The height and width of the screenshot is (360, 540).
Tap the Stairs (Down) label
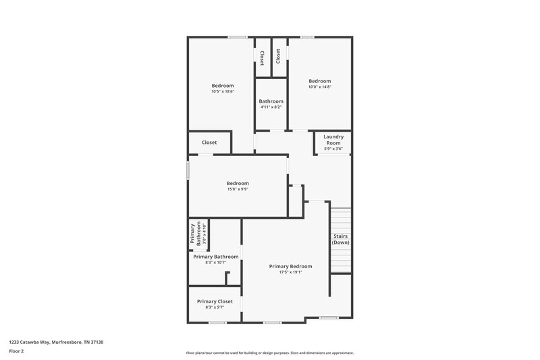[340, 239]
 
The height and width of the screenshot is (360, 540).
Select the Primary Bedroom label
[290, 266]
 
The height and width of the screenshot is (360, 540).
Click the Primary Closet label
[215, 301]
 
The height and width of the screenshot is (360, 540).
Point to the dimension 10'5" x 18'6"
[223, 91]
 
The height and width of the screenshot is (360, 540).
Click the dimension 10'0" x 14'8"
[320, 86]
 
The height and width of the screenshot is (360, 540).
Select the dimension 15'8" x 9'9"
[238, 189]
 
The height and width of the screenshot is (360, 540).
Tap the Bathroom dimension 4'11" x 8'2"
[271, 107]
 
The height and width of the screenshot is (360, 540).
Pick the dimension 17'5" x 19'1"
[290, 272]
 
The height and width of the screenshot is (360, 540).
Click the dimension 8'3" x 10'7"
[215, 262]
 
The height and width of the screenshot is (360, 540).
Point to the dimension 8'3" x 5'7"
[215, 307]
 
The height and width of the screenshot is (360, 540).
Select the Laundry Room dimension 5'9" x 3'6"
[333, 149]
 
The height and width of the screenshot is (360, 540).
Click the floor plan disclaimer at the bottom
[269, 353]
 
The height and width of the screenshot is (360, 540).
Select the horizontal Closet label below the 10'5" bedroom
[209, 143]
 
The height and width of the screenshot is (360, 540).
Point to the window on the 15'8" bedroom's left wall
[188, 170]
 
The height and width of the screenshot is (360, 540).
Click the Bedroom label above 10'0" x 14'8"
[320, 81]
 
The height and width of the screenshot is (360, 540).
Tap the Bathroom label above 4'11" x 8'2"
[271, 101]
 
